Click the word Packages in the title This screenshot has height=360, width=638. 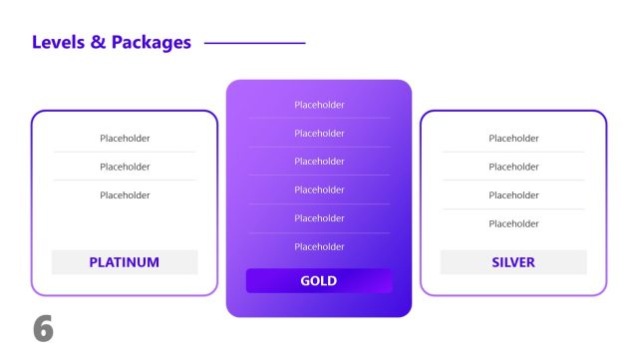click(x=151, y=42)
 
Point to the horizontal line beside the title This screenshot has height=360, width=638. click(x=254, y=43)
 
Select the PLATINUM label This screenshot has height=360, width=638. click(x=125, y=262)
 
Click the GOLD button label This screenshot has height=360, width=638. click(x=319, y=281)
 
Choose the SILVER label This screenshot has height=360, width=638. click(x=513, y=262)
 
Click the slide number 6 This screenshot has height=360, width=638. click(x=42, y=330)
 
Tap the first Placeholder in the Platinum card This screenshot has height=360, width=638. click(x=125, y=139)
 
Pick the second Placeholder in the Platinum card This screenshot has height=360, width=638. click(x=125, y=167)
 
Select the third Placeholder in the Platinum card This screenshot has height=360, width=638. click(x=125, y=195)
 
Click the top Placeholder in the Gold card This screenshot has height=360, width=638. click(x=319, y=105)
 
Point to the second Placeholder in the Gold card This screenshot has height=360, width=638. click(x=319, y=133)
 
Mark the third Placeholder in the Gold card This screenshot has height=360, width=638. click(x=319, y=162)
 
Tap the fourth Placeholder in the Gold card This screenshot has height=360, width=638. click(x=319, y=189)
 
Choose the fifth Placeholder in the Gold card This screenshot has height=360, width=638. click(x=319, y=218)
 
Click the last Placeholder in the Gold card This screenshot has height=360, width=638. click(x=319, y=246)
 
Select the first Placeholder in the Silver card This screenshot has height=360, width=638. click(x=513, y=139)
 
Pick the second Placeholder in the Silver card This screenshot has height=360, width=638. click(x=513, y=167)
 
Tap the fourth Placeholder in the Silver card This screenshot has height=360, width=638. click(x=513, y=223)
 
